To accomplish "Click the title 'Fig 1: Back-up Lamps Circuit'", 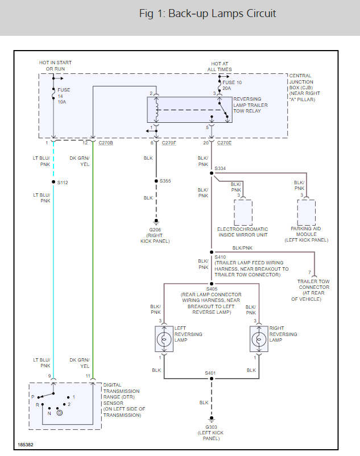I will tap(208, 14).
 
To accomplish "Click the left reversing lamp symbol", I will tap(164, 339).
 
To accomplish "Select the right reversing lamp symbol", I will tap(259, 339).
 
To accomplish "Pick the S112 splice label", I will tap(63, 183).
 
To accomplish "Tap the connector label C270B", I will tap(106, 143).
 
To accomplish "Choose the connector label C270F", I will tap(169, 143).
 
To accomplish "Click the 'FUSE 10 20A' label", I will tap(228, 85).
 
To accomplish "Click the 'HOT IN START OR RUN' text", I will tap(55, 65).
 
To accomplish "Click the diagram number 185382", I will tap(25, 445).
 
